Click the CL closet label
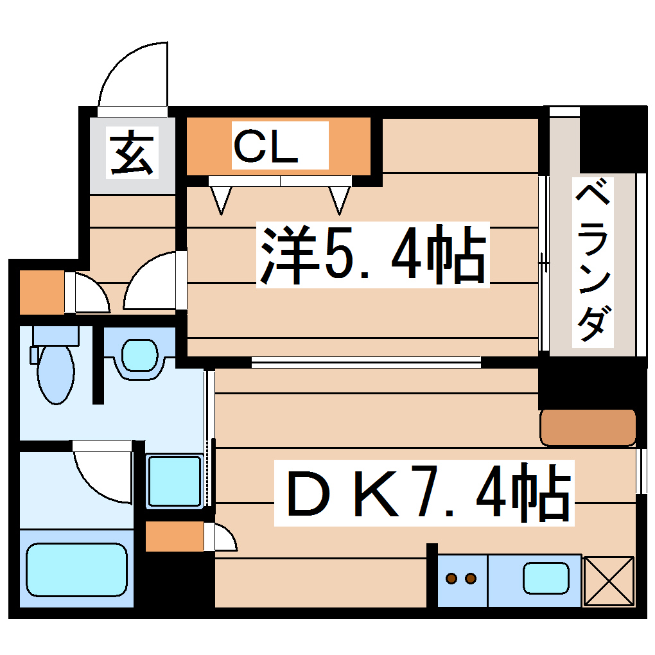tap(266, 147)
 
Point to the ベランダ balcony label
tap(592, 263)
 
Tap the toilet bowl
tap(57, 375)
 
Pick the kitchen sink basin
tap(546, 577)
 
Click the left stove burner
tap(453, 579)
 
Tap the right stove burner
tap(471, 579)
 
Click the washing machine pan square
tap(175, 481)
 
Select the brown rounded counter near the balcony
tap(588, 427)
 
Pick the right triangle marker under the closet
tap(339, 200)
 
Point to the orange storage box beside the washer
tap(174, 537)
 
